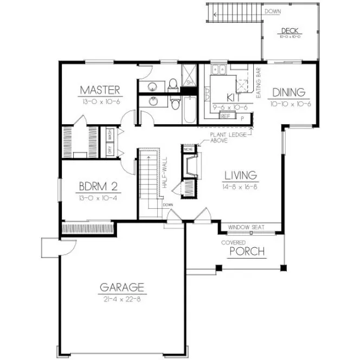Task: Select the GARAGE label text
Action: pyautogui.click(x=122, y=287)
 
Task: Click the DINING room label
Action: pyautogui.click(x=288, y=92)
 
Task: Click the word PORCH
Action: pyautogui.click(x=247, y=252)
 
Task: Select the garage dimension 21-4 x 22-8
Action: pyautogui.click(x=122, y=299)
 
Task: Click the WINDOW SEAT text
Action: pyautogui.click(x=246, y=227)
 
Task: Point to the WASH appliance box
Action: pyautogui.click(x=110, y=134)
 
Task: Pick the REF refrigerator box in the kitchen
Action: pyautogui.click(x=226, y=115)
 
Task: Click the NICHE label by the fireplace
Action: pyautogui.click(x=188, y=149)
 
